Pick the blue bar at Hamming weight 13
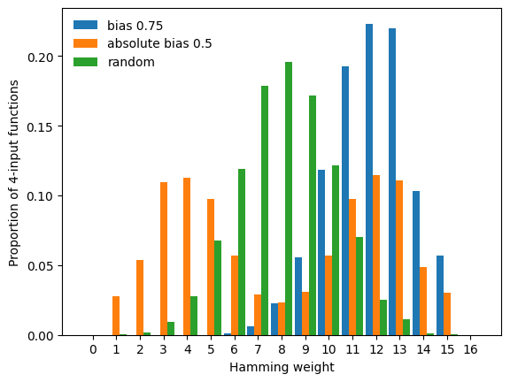(x=392, y=181)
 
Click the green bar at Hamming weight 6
(x=242, y=252)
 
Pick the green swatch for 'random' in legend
(x=86, y=62)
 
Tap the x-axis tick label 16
(x=470, y=349)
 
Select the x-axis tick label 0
(x=93, y=349)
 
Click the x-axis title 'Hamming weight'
(x=282, y=367)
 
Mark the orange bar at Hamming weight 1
(x=116, y=316)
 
